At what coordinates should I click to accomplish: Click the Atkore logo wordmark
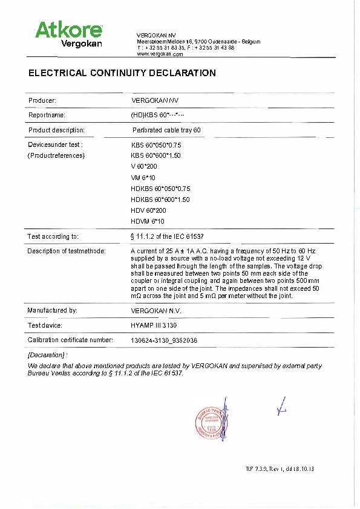coord(68,29)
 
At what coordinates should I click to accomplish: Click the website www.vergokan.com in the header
coord(160,54)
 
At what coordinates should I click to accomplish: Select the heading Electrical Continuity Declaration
coord(122,73)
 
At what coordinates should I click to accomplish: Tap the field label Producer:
coord(42,100)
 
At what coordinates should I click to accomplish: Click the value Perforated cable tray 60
coord(166,130)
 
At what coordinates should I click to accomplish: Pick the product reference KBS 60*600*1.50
coord(156,155)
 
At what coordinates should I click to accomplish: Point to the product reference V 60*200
coord(144,166)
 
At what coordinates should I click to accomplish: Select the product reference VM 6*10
coord(143,178)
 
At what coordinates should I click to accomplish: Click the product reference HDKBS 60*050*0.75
coord(160,189)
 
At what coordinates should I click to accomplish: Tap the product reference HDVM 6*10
coord(148,222)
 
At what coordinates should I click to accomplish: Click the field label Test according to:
coord(53,236)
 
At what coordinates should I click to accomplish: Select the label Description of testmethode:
coord(67,251)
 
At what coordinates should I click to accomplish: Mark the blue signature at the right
coord(280,409)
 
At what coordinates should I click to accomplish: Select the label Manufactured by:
coord(53,310)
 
